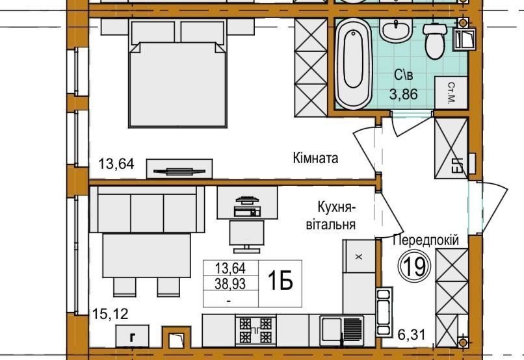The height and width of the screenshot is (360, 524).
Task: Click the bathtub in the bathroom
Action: tap(353, 64)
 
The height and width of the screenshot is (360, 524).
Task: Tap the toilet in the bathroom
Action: tap(434, 41)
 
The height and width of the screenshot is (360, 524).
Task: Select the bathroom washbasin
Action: tap(396, 29)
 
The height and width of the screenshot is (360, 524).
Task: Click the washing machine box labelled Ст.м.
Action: tap(451, 92)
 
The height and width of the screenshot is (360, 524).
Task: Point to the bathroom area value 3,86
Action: tap(404, 94)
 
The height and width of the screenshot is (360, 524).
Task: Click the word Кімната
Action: tap(315, 158)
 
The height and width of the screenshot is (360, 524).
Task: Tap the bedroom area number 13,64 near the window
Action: tap(116, 164)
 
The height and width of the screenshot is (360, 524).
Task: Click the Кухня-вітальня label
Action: tap(331, 215)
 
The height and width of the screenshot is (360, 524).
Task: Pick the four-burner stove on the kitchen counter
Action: tap(255, 330)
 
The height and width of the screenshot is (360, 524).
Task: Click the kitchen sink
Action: tap(342, 331)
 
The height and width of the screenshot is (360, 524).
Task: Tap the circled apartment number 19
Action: tap(414, 266)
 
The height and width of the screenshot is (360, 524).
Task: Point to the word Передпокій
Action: tap(426, 240)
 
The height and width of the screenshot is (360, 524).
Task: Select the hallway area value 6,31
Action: tap(412, 334)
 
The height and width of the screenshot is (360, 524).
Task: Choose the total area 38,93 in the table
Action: tap(230, 284)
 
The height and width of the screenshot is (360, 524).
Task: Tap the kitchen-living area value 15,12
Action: tap(111, 314)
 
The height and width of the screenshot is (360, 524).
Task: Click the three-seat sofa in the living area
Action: tap(147, 209)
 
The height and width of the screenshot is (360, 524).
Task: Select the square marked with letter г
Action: tap(133, 336)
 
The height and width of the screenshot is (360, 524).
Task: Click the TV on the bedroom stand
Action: tap(179, 172)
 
